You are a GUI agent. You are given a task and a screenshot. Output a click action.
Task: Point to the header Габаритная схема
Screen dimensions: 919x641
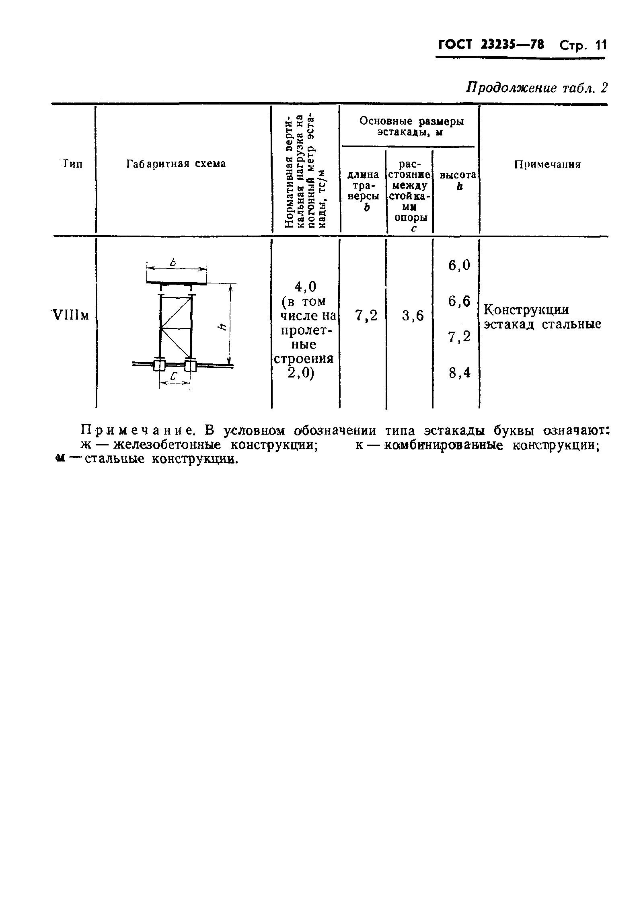click(x=176, y=164)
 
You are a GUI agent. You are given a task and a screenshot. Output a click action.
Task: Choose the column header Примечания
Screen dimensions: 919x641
click(x=547, y=164)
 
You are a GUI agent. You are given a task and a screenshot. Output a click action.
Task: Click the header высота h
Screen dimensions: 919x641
click(x=458, y=181)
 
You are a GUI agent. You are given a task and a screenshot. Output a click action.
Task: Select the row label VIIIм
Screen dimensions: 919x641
click(x=70, y=316)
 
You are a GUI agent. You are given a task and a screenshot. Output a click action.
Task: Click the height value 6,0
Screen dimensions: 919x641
click(x=459, y=265)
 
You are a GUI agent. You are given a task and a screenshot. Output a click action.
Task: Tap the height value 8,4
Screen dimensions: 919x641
click(x=459, y=373)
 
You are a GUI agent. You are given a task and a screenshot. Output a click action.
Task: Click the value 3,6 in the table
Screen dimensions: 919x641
click(x=413, y=316)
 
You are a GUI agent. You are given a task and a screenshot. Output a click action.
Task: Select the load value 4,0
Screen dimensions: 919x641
click(x=306, y=286)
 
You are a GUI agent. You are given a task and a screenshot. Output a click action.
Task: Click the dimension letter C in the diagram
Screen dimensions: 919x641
click(x=174, y=377)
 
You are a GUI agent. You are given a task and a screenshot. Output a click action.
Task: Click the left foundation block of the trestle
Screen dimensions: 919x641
click(x=159, y=366)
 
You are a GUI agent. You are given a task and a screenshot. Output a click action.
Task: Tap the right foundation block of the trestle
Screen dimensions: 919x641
click(x=190, y=366)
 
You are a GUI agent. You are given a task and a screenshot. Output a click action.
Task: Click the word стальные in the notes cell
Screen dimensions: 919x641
click(x=571, y=324)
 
